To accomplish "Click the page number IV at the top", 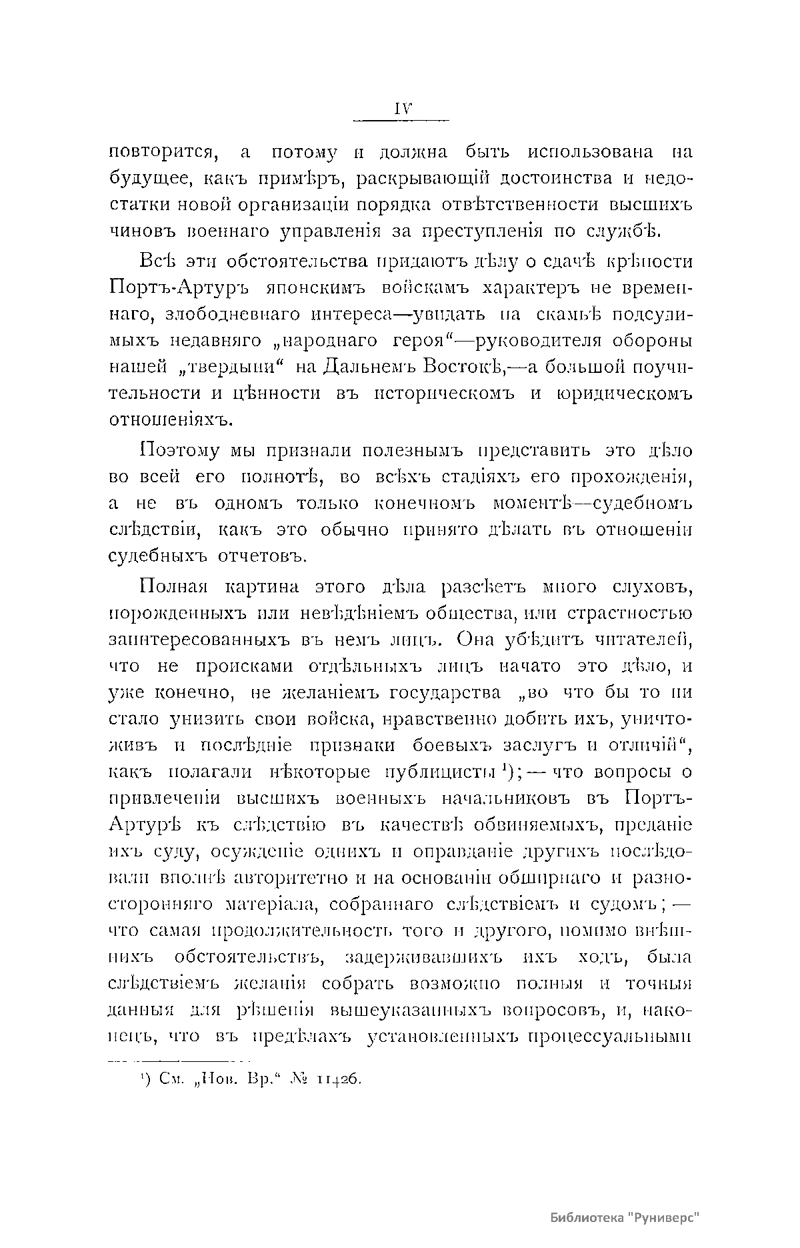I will pos(401,109).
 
